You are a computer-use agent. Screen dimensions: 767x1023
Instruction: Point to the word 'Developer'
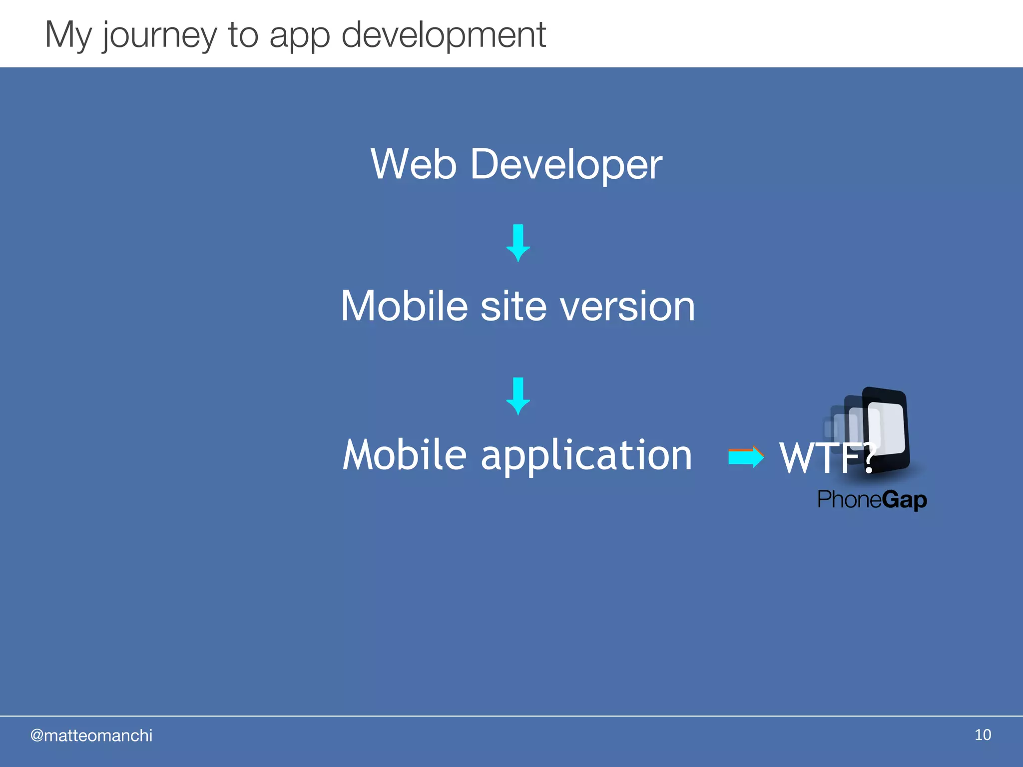coord(566,165)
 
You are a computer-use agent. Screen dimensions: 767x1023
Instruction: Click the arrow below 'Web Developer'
coord(518,243)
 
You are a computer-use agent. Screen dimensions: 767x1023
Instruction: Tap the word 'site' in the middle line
coord(513,306)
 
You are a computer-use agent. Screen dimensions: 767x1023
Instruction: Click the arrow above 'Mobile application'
coord(518,396)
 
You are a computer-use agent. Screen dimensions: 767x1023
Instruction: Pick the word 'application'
coord(586,456)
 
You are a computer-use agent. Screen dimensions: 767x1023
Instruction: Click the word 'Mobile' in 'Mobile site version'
coord(404,306)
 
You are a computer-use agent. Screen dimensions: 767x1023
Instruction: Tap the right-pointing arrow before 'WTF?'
coord(746,456)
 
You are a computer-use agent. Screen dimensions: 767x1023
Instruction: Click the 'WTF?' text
coord(827,457)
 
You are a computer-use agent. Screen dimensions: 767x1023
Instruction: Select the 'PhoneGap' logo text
coord(872,499)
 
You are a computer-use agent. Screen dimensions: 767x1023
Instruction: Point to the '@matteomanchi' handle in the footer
coord(91,736)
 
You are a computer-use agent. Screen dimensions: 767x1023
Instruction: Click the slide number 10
coord(983,735)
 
